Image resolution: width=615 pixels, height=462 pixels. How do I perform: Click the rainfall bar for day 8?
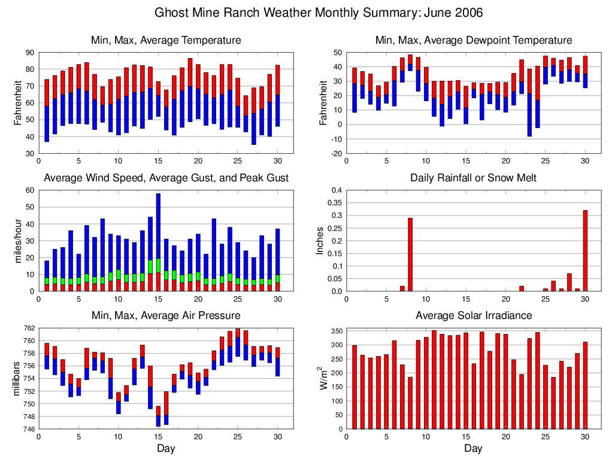coord(410,254)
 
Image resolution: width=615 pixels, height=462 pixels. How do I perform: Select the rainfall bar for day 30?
coord(585,251)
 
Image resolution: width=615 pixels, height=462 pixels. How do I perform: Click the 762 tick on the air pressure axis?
coord(29,329)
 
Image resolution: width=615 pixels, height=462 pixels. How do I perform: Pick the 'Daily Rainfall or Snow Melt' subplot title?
coord(473,178)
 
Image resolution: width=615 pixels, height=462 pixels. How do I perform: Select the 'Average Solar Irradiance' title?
coord(473,315)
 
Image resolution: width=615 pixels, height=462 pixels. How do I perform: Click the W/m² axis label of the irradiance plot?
coord(322,378)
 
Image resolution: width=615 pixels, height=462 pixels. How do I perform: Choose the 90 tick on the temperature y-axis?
coord(29,53)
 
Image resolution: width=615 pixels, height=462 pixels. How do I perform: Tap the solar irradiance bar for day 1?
coord(355,387)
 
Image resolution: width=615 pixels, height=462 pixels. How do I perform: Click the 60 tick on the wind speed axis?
coord(29,190)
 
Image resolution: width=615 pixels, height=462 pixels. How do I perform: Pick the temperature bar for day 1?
coord(47,111)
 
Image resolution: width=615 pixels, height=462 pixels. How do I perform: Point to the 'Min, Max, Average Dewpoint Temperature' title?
coord(473,41)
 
